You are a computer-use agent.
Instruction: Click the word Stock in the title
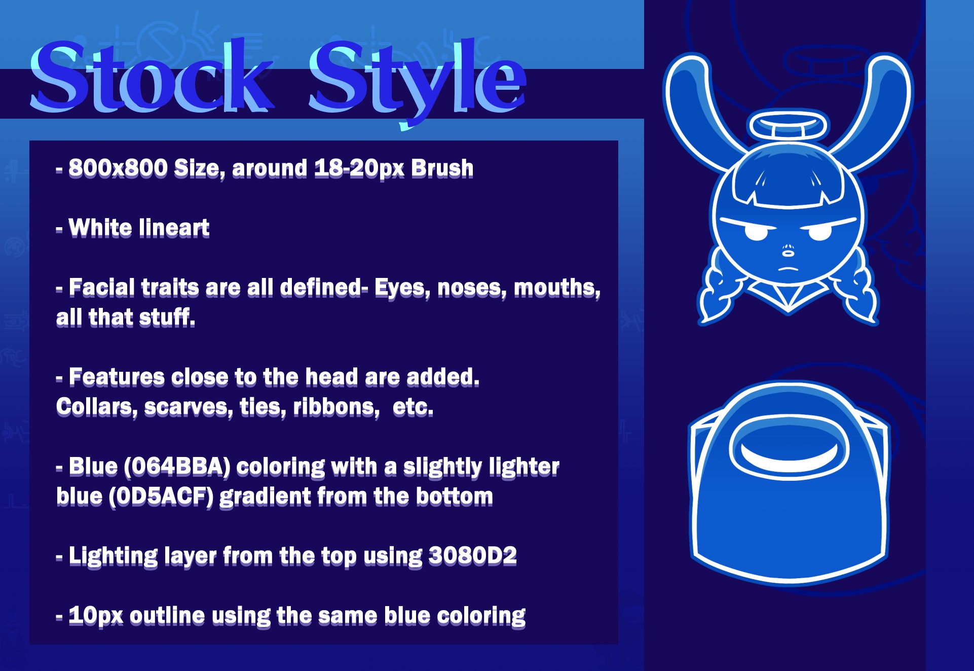coord(152,76)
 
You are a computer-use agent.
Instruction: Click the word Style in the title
coord(418,81)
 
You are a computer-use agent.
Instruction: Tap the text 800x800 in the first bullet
coord(118,168)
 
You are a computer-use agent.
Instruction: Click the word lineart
coord(174,227)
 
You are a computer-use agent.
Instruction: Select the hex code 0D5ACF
coord(161,497)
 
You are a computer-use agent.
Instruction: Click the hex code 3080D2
coord(473,556)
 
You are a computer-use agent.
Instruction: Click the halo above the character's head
coord(789,125)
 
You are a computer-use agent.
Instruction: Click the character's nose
coord(789,250)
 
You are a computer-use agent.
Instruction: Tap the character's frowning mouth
coord(789,268)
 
